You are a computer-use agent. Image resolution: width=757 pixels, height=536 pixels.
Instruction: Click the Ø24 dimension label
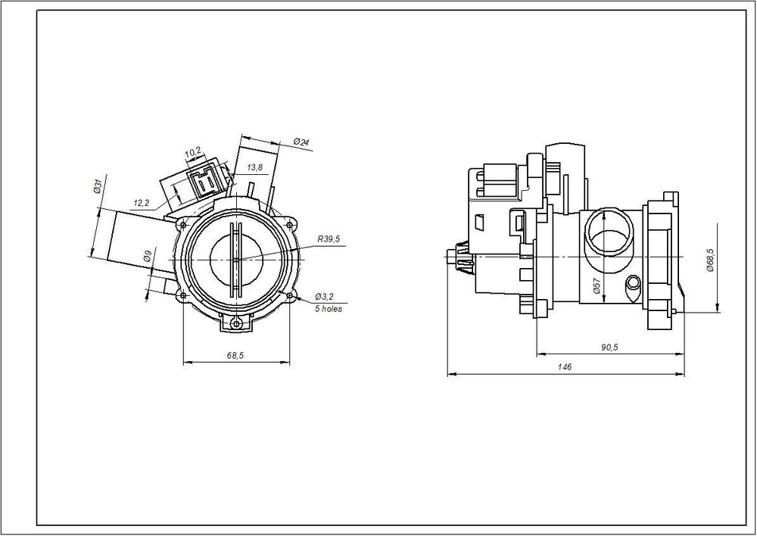(301, 142)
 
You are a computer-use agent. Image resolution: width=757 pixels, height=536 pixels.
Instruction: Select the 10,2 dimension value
(192, 152)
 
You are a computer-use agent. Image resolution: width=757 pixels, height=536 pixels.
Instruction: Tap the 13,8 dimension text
(255, 167)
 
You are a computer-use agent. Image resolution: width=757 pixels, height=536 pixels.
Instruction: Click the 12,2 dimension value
(141, 202)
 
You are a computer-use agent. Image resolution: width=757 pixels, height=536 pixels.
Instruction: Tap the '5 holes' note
(328, 309)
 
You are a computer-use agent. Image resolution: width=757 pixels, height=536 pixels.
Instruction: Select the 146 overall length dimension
(565, 366)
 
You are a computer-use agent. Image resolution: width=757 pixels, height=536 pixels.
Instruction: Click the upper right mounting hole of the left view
(290, 223)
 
